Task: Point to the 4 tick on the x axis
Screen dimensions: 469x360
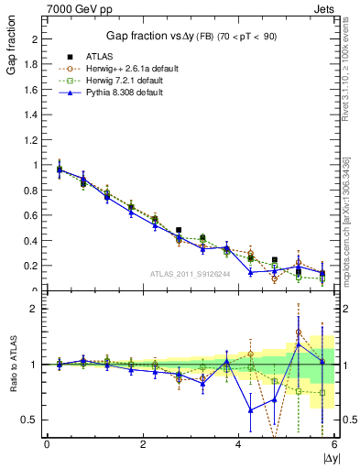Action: coord(239,444)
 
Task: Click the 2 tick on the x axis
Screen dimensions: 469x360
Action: coord(143,444)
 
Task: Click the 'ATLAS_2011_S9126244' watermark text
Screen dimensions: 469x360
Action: coord(191,273)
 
